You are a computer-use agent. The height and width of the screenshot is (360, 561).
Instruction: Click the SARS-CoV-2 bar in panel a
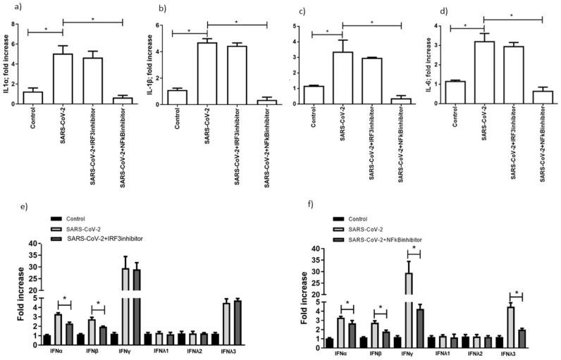click(62, 79)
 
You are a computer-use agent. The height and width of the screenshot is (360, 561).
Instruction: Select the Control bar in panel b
click(177, 98)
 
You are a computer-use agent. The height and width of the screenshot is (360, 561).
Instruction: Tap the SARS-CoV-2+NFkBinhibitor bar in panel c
click(401, 101)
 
